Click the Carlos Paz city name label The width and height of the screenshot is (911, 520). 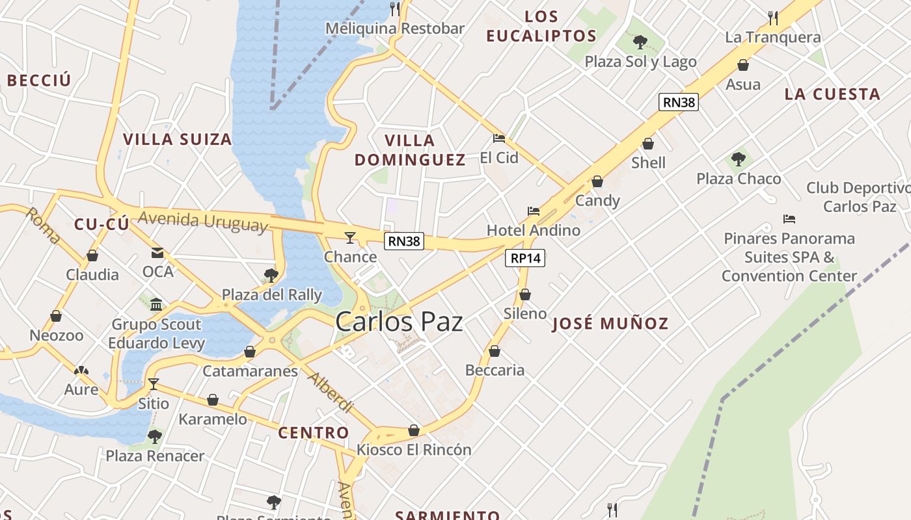point(399,322)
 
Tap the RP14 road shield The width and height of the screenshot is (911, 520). point(525,258)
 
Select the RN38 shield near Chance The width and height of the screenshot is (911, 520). point(404,241)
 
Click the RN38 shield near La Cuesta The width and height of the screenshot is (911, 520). point(679,102)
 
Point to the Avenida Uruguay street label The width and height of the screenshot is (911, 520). point(203,221)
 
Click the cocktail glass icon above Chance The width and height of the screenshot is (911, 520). point(350,237)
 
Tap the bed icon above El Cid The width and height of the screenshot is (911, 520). point(499,138)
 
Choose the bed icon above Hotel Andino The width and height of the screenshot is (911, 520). point(534,211)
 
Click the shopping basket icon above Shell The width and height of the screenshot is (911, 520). point(648,144)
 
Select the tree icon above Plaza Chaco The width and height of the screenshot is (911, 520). point(738,159)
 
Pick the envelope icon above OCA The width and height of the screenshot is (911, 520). point(157,252)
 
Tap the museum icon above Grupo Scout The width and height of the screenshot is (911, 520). point(156,304)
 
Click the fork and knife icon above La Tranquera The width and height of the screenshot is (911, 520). point(773,17)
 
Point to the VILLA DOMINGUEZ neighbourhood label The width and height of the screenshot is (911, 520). point(410,150)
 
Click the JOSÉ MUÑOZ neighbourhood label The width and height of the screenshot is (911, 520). point(610,324)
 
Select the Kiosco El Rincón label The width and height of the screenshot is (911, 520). point(414,449)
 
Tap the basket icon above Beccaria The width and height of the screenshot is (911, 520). point(495,351)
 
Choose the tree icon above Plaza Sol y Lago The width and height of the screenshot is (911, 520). point(640,42)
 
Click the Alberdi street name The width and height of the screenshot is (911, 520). point(331,393)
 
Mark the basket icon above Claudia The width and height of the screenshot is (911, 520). point(92,255)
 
